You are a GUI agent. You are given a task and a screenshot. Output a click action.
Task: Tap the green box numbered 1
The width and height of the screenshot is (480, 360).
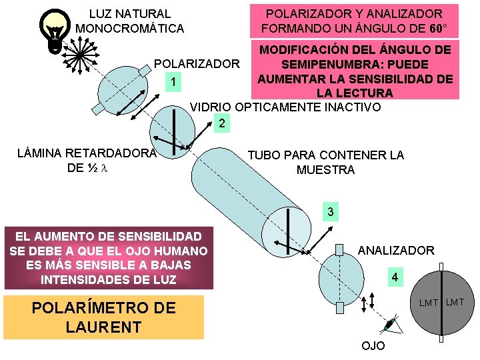tap(173, 83)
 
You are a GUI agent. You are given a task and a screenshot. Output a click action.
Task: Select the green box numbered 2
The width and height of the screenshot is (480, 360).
tap(222, 124)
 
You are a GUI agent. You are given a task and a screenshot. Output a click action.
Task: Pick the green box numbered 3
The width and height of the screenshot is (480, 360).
tap(329, 213)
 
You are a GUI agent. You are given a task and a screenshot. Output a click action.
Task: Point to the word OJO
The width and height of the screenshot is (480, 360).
tap(373, 347)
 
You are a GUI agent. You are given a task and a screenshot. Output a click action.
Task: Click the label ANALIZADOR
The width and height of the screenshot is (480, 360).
tap(396, 251)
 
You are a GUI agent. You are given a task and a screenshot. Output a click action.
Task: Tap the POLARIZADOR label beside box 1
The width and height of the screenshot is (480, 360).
tap(197, 64)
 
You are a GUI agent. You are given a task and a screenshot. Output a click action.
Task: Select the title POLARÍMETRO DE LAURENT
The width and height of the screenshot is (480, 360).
tap(103, 317)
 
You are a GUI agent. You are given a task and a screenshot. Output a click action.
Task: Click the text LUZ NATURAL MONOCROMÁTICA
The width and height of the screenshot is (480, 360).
tap(129, 21)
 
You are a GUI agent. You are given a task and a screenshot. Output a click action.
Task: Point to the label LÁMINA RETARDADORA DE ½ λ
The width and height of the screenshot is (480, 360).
tap(86, 161)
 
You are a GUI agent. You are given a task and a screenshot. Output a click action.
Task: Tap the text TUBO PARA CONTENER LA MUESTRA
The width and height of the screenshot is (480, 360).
tap(325, 163)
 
